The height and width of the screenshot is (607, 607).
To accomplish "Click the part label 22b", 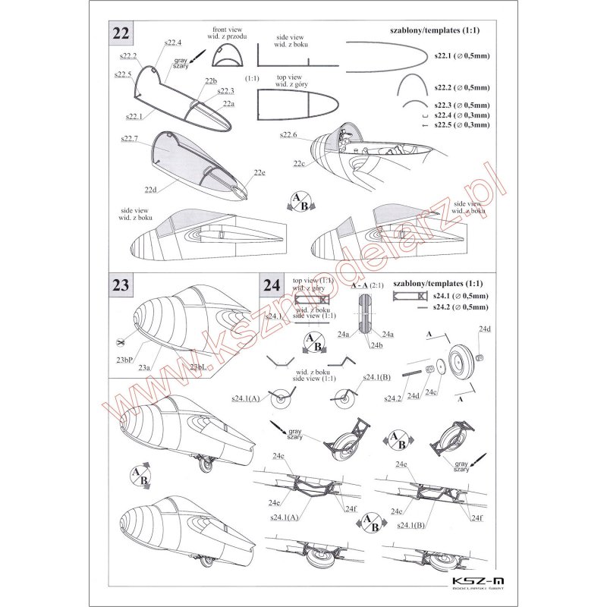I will (x=211, y=81).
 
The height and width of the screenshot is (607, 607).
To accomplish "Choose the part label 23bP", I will (x=126, y=359).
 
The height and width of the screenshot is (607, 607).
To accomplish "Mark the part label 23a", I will (x=144, y=366).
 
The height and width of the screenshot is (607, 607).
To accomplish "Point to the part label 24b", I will (x=376, y=345).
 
